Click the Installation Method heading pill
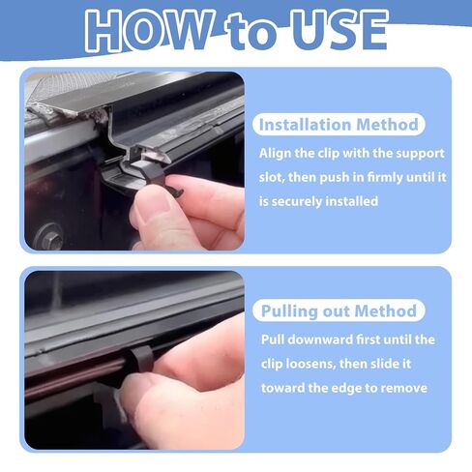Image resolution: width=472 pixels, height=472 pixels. tap(339, 125)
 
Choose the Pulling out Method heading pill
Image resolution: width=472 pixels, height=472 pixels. tap(339, 311)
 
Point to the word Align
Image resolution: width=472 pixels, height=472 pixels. tap(280, 154)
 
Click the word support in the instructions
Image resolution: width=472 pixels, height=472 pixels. tap(407, 154)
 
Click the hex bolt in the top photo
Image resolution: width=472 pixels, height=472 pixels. tap(50, 235)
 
